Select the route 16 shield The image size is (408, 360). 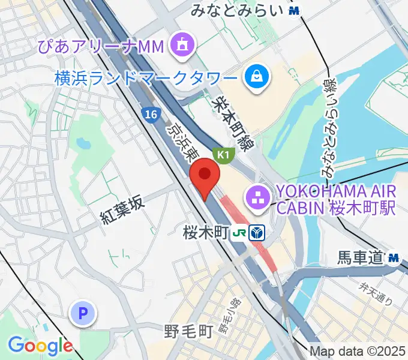[151, 114]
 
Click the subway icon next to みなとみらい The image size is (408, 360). [293, 10]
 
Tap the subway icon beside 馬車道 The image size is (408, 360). [394, 258]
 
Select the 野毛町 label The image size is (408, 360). [189, 331]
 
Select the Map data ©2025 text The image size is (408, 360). [358, 352]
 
